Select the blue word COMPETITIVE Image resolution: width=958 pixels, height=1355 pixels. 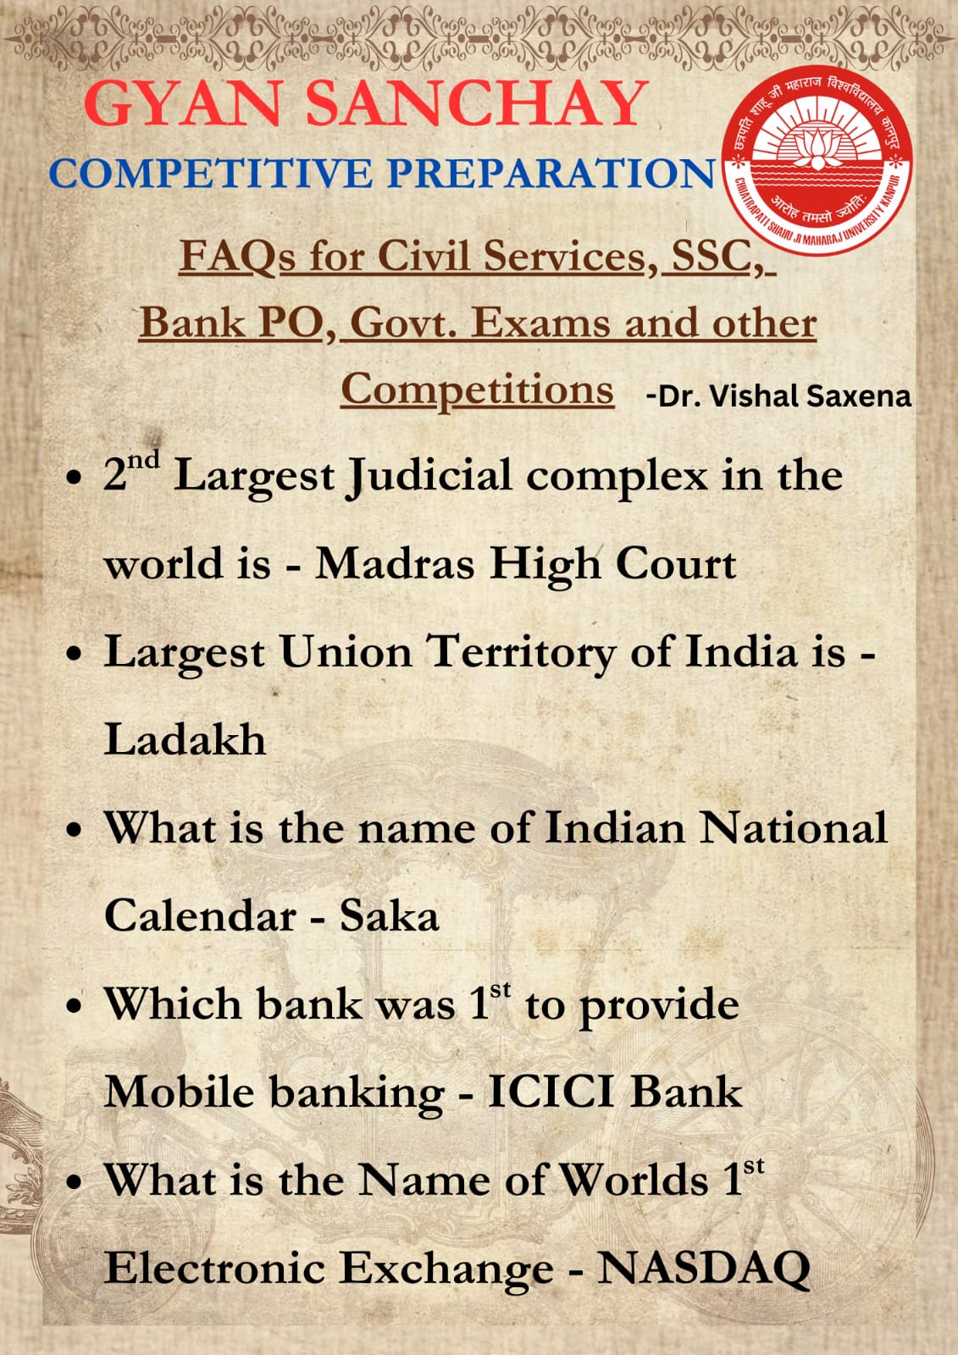pyautogui.click(x=211, y=174)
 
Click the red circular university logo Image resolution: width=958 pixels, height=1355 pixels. pyautogui.click(x=818, y=160)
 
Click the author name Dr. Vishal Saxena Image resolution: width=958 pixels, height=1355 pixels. pyautogui.click(x=779, y=397)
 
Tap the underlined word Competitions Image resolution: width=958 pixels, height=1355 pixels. pyautogui.click(x=478, y=390)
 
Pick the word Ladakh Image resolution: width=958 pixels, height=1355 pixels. pyautogui.click(x=186, y=739)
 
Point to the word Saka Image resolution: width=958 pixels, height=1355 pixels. pyautogui.click(x=389, y=915)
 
